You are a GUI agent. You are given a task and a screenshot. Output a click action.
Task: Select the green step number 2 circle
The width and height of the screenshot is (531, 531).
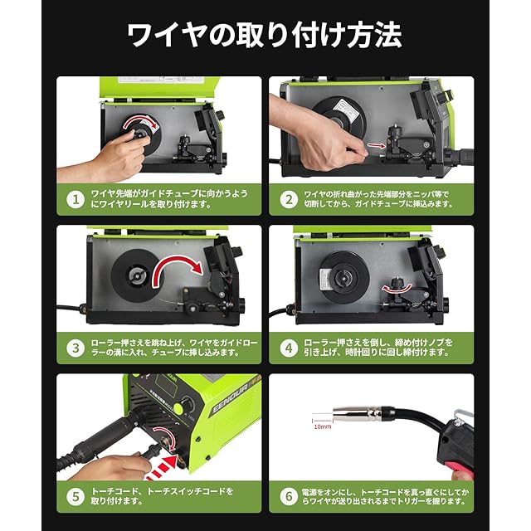[287, 199]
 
